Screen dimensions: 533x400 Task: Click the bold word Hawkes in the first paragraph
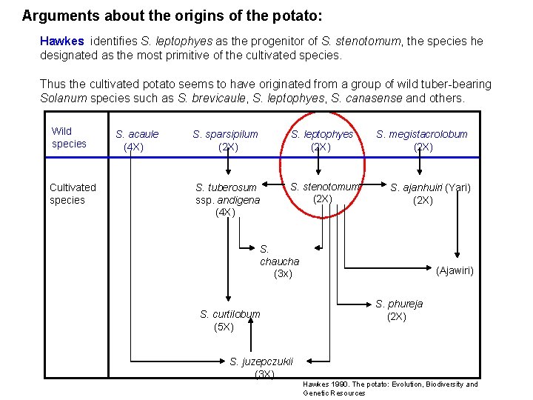tap(61, 41)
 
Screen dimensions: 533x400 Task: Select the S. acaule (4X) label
tap(136, 141)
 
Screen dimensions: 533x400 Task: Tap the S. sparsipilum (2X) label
tap(225, 141)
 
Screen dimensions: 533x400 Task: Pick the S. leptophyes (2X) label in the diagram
tap(321, 141)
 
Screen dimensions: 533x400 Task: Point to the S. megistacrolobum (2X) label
tap(422, 141)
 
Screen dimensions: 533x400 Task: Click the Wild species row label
tap(69, 138)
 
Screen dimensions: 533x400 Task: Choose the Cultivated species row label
tap(72, 193)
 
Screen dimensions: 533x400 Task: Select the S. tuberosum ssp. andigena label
tap(227, 200)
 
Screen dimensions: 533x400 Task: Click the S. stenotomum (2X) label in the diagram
tap(324, 193)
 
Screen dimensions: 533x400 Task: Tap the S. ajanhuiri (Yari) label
tap(430, 194)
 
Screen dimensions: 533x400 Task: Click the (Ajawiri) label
tap(455, 271)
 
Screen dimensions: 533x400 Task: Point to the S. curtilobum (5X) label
tap(229, 320)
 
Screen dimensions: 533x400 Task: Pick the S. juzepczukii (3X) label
tap(261, 367)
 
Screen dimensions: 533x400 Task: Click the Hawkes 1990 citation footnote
tap(390, 388)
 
